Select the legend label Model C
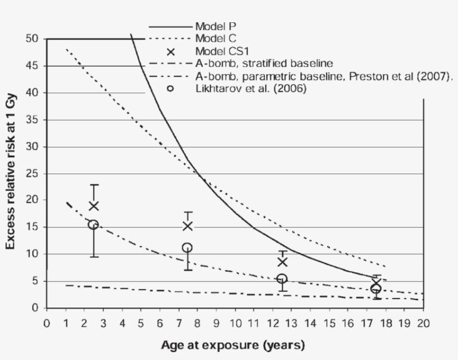(216, 39)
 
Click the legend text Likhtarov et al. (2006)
(251, 88)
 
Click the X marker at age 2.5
(94, 206)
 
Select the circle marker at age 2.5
(93, 224)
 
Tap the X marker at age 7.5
(188, 225)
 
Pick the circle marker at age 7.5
(187, 247)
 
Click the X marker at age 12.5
(282, 262)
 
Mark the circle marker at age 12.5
(282, 279)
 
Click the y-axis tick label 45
(32, 66)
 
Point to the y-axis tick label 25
(32, 174)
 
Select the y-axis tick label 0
(35, 308)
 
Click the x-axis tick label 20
(423, 323)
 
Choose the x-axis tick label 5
(141, 323)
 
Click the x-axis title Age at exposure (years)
(233, 345)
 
